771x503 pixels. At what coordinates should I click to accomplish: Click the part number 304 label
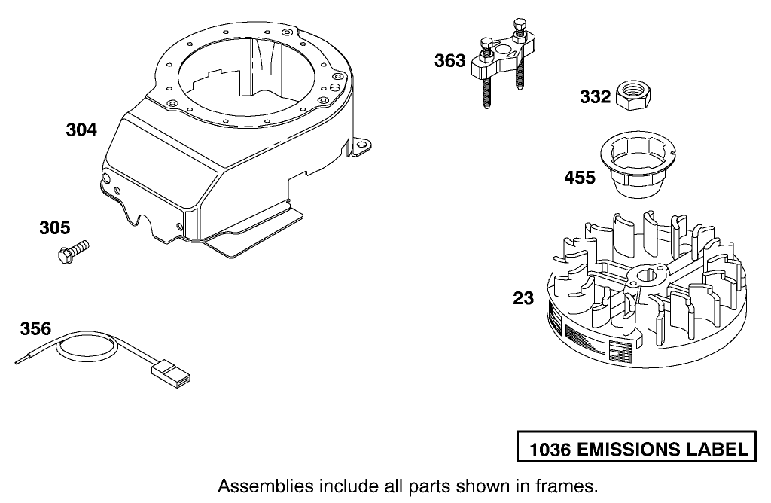click(81, 130)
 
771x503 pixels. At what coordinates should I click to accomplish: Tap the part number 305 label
click(55, 227)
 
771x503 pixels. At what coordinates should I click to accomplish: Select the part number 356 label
click(35, 329)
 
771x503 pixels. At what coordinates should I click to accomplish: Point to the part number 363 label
click(449, 61)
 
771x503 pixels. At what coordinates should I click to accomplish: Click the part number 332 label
click(595, 97)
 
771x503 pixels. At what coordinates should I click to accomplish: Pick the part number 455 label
click(580, 178)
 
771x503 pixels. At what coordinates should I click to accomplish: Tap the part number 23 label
click(523, 298)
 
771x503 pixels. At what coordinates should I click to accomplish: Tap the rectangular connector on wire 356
click(170, 372)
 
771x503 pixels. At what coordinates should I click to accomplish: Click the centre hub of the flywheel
click(645, 278)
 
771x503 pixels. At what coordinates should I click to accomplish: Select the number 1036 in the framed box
click(550, 450)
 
